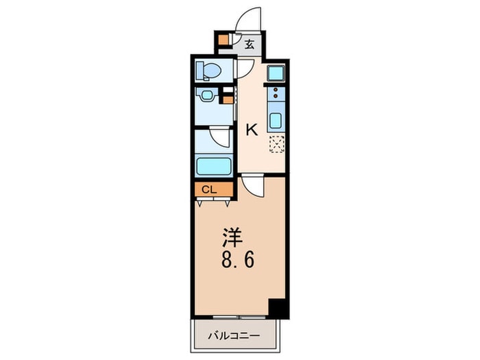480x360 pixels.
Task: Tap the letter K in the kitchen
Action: pyautogui.click(x=252, y=130)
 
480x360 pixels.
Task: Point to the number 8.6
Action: pyautogui.click(x=233, y=262)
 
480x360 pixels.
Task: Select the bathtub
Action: pyautogui.click(x=213, y=165)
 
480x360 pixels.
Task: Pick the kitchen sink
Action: pyautogui.click(x=275, y=121)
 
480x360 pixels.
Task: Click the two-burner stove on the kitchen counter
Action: pyautogui.click(x=275, y=95)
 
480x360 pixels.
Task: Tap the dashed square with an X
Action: pyautogui.click(x=276, y=144)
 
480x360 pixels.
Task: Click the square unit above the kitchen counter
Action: pyautogui.click(x=274, y=72)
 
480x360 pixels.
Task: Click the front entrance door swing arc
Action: pyautogui.click(x=250, y=19)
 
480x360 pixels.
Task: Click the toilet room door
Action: pyautogui.click(x=244, y=69)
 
